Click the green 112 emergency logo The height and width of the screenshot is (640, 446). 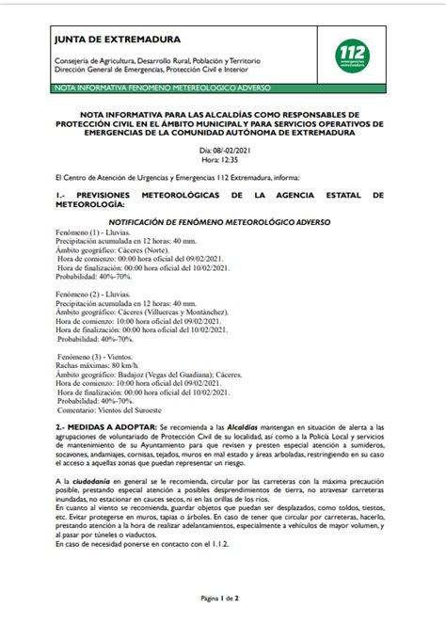tap(354, 56)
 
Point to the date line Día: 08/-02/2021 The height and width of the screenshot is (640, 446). tap(224, 150)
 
